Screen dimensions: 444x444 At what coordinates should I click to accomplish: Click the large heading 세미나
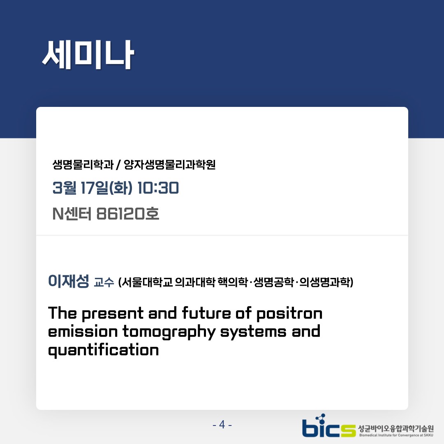coord(88,55)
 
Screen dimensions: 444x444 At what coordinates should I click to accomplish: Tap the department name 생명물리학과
coord(83,164)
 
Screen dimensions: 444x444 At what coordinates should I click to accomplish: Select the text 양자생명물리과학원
coord(170,164)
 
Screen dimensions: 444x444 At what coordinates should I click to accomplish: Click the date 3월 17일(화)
coord(92,188)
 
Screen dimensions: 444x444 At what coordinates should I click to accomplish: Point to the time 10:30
coord(158,188)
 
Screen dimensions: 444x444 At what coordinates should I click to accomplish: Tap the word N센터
coord(72,214)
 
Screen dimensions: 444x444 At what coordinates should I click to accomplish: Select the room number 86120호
coord(128,214)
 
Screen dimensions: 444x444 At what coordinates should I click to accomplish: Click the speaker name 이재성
coord(69,281)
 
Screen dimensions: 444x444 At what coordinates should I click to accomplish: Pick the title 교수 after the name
coord(104,282)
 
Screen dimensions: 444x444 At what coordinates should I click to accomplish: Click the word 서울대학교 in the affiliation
coord(146,282)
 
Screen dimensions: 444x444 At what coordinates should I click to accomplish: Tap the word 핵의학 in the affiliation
coord(233,282)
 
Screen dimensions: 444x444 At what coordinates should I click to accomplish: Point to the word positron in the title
coord(289,314)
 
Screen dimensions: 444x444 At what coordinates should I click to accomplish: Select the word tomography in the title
coord(169,332)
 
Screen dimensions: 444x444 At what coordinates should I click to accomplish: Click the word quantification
coord(103,350)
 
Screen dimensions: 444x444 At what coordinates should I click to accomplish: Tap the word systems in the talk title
coord(253,332)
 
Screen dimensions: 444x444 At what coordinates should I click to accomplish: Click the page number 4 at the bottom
coord(222,424)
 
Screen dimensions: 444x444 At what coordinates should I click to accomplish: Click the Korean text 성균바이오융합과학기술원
coord(396,428)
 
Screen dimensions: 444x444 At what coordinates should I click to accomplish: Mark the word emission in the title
coord(83,331)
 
